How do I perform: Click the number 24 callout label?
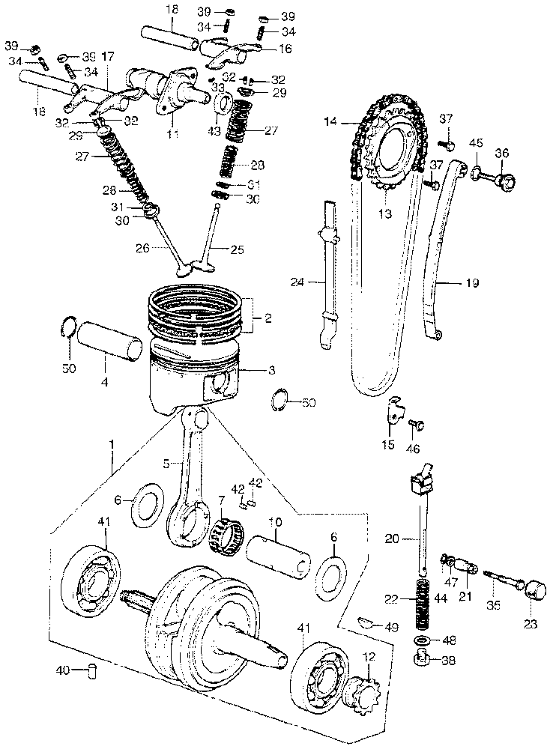pyautogui.click(x=297, y=282)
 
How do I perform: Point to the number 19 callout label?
pyautogui.click(x=470, y=284)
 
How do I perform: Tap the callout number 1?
pyautogui.click(x=112, y=445)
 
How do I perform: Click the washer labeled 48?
pyautogui.click(x=422, y=640)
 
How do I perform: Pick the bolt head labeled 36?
pyautogui.click(x=507, y=181)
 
